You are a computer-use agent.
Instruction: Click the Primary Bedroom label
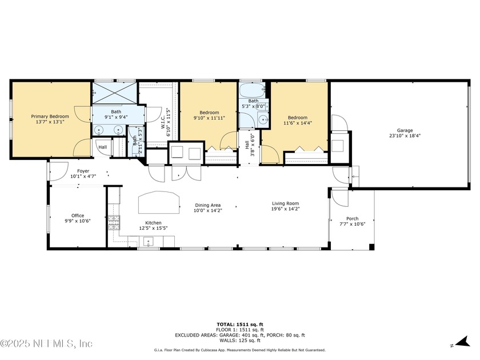50,117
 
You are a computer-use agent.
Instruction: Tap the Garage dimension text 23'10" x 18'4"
405,135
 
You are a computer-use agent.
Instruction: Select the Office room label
78,215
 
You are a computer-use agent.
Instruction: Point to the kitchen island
159,202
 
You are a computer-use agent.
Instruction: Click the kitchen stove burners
114,222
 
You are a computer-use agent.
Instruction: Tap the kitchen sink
149,242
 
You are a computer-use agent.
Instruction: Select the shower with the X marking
114,93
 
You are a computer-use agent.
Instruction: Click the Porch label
353,218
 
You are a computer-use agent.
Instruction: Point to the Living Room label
285,203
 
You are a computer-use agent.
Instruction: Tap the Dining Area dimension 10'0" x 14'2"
207,211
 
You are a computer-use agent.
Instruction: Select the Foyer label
83,171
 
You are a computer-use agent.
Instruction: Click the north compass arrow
462,342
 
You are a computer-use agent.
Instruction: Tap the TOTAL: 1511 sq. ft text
239,325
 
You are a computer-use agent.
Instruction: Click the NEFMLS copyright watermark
46,343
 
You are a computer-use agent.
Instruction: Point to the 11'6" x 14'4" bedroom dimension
298,123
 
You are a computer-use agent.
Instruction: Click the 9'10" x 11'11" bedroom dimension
209,118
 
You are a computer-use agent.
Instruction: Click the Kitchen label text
153,223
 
